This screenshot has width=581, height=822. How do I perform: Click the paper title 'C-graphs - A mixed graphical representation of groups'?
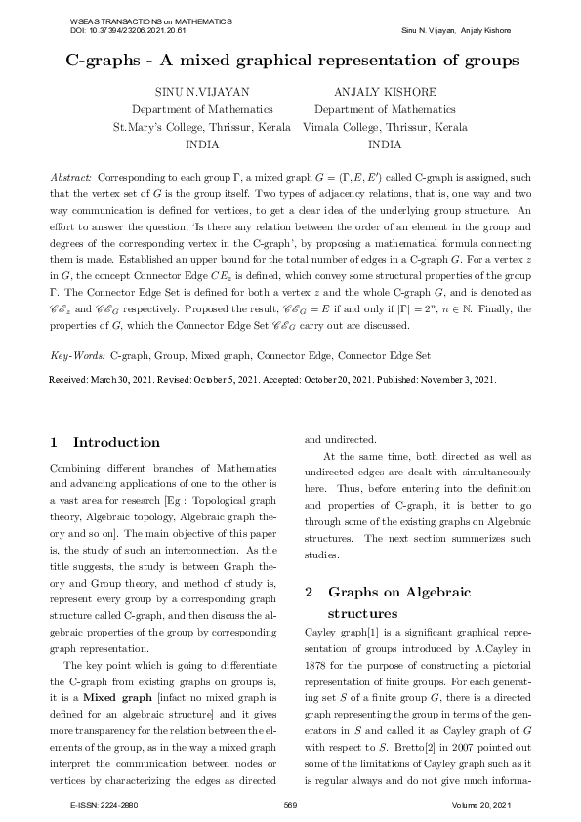(x=290, y=62)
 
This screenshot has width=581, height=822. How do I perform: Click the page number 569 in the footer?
(x=290, y=805)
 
